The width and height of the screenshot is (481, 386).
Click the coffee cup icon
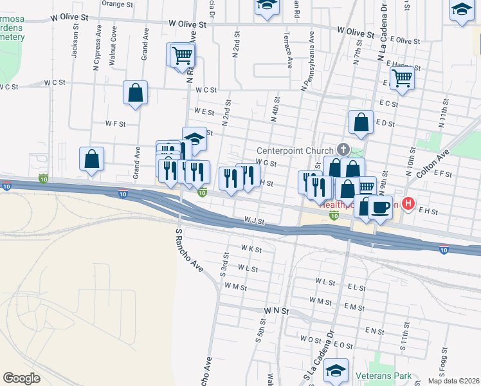coord(381,207)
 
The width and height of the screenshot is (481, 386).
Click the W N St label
coord(277,311)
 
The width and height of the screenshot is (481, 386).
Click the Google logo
coord(22,378)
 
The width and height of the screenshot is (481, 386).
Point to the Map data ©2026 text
coord(453,381)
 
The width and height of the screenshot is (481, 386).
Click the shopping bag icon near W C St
coord(136,93)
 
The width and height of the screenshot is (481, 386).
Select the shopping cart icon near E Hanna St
coord(402,78)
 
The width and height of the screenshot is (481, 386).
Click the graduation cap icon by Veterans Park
coord(336,371)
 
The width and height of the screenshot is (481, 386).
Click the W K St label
coord(251,248)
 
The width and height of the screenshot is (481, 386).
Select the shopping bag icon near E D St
coord(361,122)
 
